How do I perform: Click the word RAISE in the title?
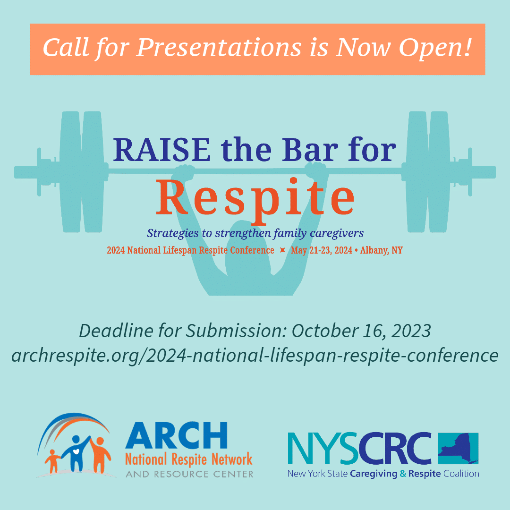161,150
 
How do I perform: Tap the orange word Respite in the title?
255,198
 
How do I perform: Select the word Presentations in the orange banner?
219,48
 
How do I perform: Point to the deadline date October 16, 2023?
361,331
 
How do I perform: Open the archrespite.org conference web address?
255,356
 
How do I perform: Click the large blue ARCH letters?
176,435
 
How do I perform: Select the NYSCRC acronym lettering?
359,448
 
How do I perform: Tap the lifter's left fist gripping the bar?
185,172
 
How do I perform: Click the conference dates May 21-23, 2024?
322,250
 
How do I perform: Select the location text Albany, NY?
381,250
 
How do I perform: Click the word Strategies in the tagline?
172,233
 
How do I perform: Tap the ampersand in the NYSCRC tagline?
403,474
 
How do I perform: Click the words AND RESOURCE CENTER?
189,474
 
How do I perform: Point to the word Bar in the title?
310,150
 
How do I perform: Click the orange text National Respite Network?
188,459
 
